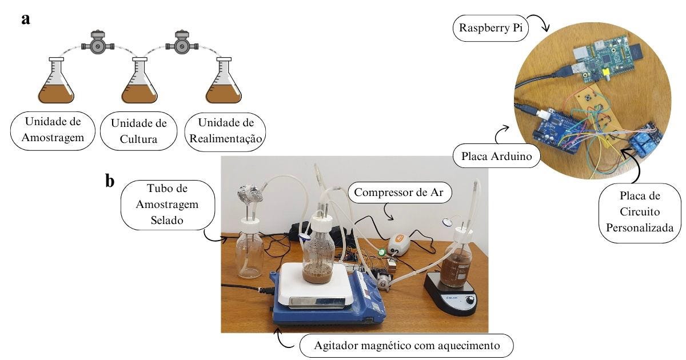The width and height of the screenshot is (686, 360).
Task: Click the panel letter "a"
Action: (25, 19)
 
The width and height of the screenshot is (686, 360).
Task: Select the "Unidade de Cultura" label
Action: (138, 131)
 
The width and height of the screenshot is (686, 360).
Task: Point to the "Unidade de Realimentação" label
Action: (226, 131)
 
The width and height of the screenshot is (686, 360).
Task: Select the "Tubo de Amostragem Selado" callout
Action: (167, 204)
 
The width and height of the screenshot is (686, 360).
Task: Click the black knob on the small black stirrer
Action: (470, 300)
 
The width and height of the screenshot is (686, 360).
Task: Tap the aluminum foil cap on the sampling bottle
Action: (250, 194)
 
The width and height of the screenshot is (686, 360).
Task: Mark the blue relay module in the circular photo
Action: (645, 139)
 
